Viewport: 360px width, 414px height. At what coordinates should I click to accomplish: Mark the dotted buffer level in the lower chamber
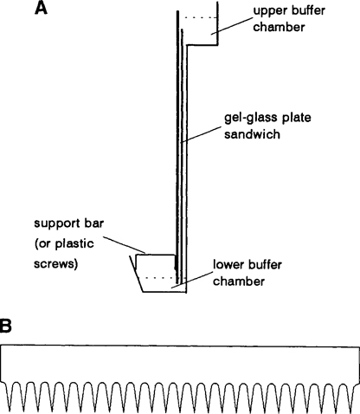[x=157, y=277]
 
